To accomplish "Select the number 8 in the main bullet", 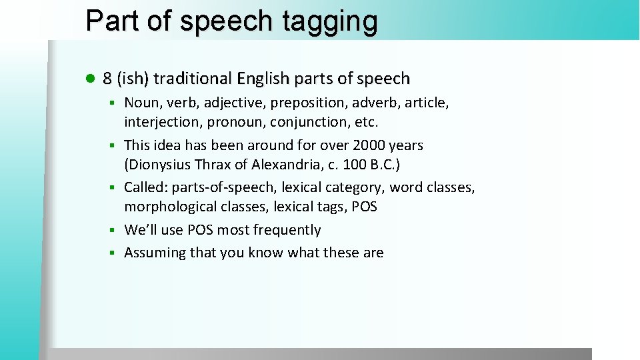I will [107, 79].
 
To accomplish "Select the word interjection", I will [163, 123].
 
